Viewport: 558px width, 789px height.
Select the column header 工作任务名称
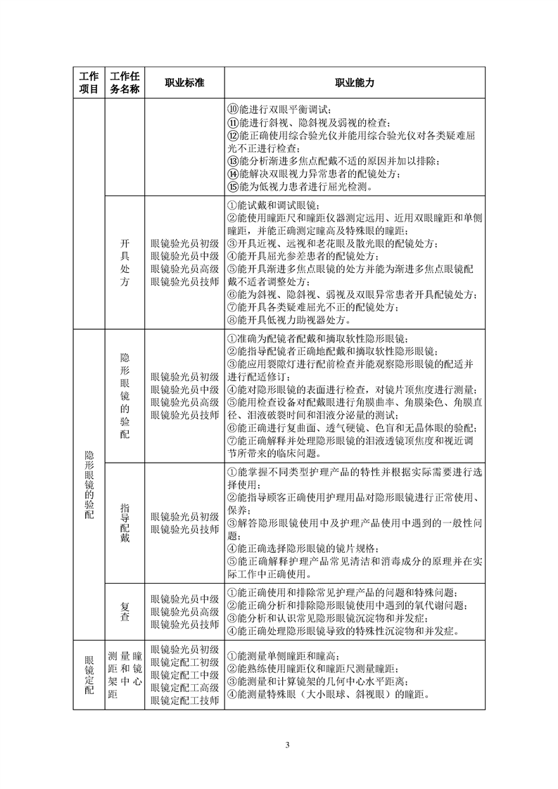point(124,82)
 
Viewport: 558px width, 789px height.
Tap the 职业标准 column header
point(184,82)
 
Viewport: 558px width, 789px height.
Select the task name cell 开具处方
point(124,263)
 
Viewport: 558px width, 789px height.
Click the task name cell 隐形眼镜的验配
point(124,396)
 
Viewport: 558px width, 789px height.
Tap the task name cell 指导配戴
point(124,522)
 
